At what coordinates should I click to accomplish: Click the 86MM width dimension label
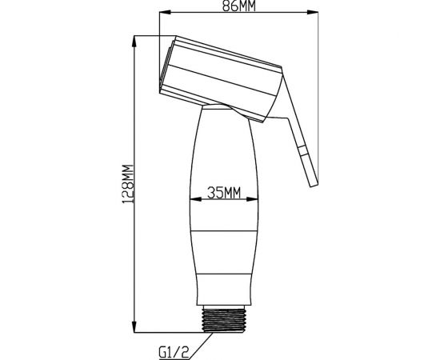tap(239, 6)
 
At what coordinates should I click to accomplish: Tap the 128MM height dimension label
tap(128, 184)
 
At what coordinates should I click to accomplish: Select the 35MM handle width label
tap(224, 193)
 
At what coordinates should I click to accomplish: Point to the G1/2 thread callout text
tap(174, 352)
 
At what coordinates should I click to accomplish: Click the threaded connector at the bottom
tap(224, 320)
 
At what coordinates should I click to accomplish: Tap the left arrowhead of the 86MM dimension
tap(165, 12)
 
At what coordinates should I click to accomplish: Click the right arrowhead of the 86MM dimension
tap(313, 12)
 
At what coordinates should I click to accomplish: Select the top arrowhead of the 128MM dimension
tap(134, 42)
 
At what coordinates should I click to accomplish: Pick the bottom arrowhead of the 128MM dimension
tap(134, 326)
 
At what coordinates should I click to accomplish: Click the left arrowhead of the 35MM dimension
tap(195, 199)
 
